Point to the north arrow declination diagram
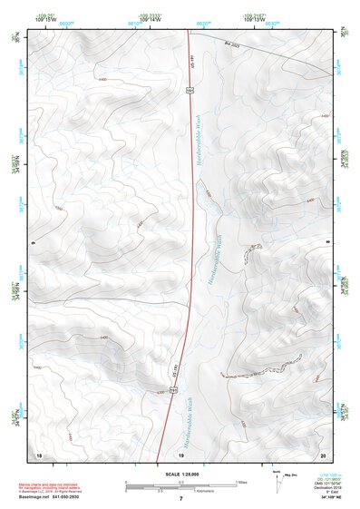[278, 478]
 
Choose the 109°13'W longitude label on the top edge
[255, 17]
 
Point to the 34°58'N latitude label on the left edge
[15, 290]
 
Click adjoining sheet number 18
[38, 454]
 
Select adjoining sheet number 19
[180, 454]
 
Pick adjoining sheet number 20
[323, 454]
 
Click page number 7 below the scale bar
[180, 499]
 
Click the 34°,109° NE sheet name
[326, 497]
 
